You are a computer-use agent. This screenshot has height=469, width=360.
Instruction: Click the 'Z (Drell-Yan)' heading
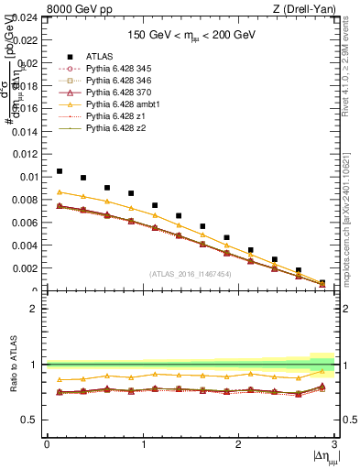[306, 10]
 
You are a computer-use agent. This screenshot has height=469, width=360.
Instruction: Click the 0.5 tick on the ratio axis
[32, 420]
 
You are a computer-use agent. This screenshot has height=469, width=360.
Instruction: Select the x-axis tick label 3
[335, 444]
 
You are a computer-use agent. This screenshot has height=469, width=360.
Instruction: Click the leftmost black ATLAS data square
[60, 171]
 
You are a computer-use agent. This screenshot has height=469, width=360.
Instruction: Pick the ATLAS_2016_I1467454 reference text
[190, 274]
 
